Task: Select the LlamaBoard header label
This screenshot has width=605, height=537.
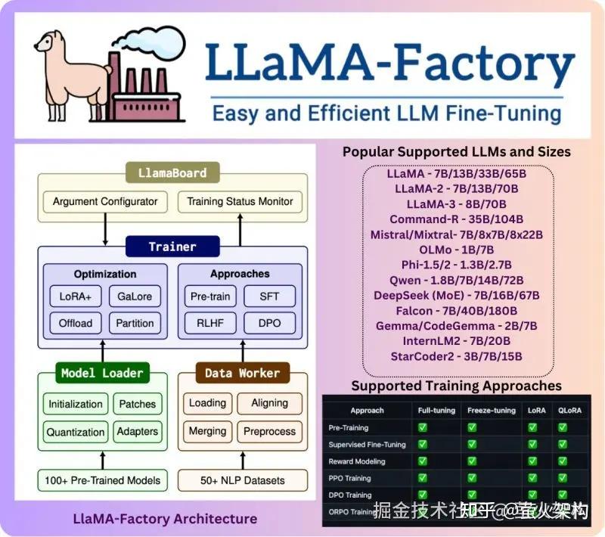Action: coord(172,173)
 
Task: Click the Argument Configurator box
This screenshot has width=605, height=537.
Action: coord(105,201)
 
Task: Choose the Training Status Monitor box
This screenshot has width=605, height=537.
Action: coord(240,201)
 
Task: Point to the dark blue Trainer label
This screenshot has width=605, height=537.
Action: coord(172,247)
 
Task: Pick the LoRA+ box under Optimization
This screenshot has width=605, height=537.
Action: coord(74,296)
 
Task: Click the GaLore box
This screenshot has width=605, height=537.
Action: coord(135,296)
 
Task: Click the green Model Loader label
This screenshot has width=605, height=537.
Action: coord(102,373)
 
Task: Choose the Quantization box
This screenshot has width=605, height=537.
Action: coord(76,432)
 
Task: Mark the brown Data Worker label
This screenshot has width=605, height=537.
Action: coord(242,373)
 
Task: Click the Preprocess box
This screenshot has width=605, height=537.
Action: coord(270,432)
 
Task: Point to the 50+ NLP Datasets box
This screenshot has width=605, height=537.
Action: coord(243,480)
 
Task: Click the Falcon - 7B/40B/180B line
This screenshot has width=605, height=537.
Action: coord(456,311)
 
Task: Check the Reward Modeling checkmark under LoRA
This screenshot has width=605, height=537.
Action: coord(532,460)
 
